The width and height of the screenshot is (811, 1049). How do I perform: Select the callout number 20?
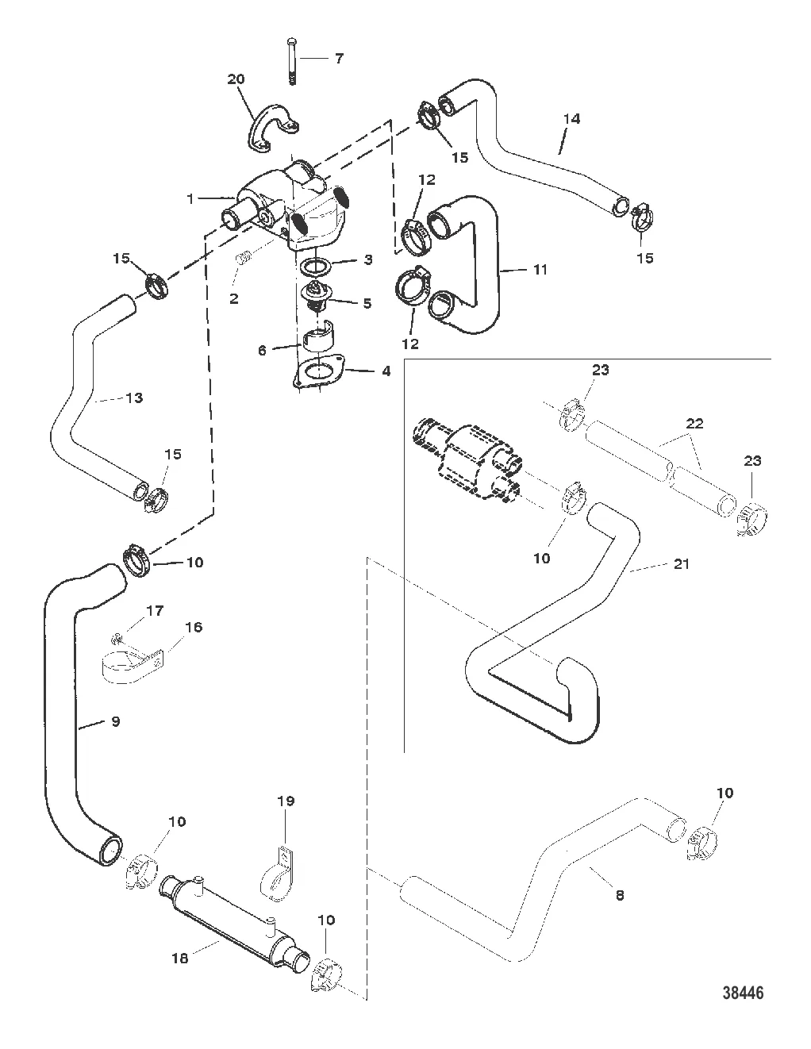[236, 79]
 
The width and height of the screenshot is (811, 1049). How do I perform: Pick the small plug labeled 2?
[246, 258]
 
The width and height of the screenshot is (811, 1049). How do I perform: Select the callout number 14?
[572, 119]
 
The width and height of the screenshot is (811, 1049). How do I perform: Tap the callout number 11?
[540, 270]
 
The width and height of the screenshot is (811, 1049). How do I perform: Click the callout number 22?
[694, 424]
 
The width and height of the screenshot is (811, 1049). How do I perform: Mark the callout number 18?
[181, 958]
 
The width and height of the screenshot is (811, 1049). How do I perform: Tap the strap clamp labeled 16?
[131, 663]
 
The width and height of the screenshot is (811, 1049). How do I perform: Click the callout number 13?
[134, 398]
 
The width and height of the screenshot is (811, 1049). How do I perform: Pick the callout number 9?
[115, 722]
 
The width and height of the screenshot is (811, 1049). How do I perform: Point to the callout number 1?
[190, 198]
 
